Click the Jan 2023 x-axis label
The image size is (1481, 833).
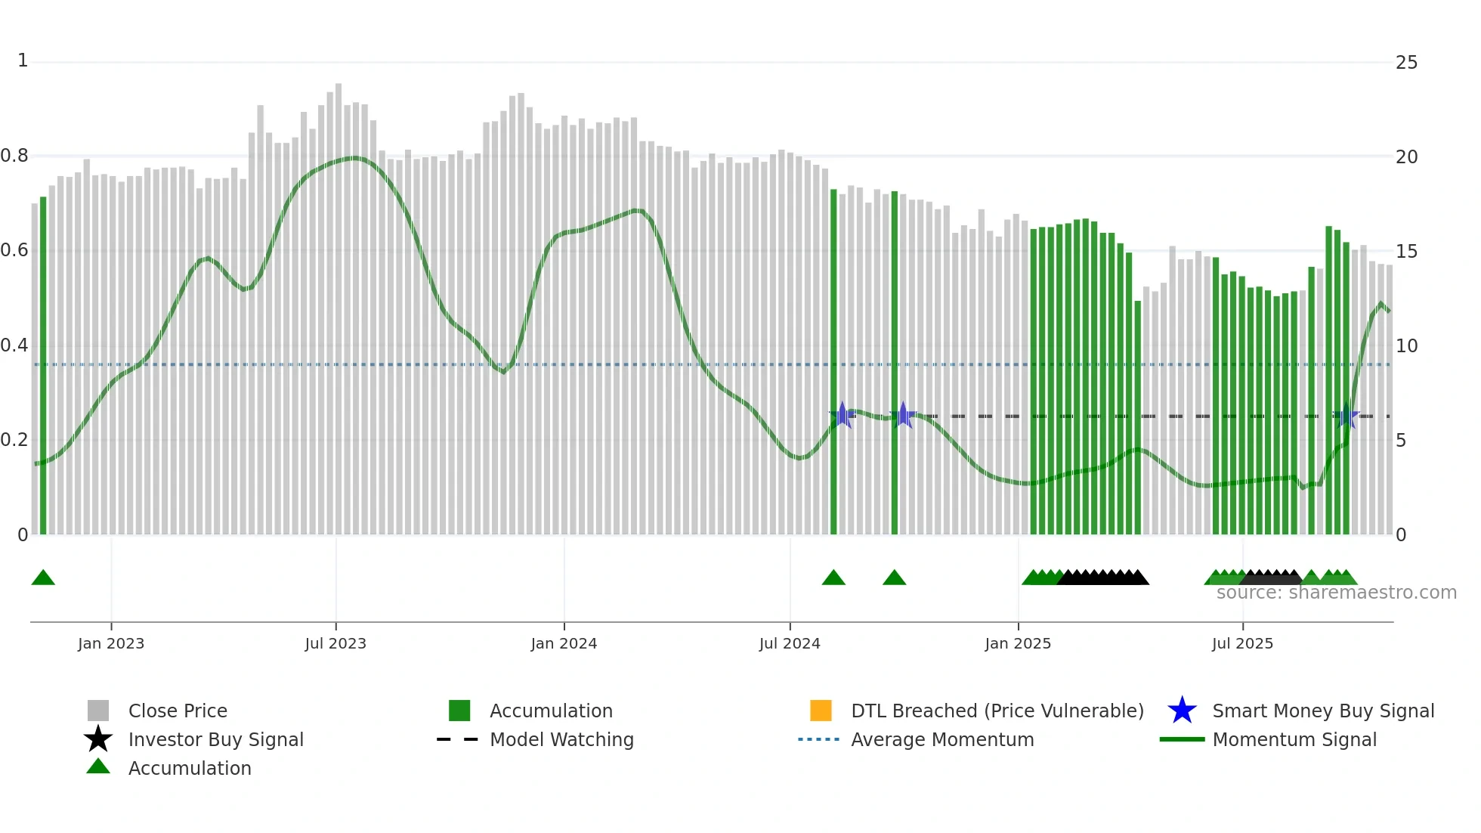[111, 643]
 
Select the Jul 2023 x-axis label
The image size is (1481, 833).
[335, 643]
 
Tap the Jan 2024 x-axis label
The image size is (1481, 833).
[564, 643]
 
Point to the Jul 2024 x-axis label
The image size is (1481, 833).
[790, 643]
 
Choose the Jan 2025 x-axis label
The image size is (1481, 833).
[1018, 643]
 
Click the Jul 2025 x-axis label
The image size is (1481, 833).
[1242, 643]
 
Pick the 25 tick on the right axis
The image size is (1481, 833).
[1406, 63]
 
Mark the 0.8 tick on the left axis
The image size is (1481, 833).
[14, 156]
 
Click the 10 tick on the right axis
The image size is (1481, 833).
[1406, 346]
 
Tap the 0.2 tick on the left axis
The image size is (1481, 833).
[14, 440]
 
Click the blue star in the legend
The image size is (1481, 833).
[1182, 711]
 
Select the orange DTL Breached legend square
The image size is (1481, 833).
[821, 711]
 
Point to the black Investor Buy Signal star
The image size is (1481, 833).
[98, 739]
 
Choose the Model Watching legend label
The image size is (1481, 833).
[561, 739]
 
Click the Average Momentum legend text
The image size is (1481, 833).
[942, 739]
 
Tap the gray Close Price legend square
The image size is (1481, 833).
[98, 711]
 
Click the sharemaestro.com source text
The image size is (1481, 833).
[1336, 593]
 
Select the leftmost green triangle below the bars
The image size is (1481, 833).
[43, 578]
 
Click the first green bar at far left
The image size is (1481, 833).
[43, 363]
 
